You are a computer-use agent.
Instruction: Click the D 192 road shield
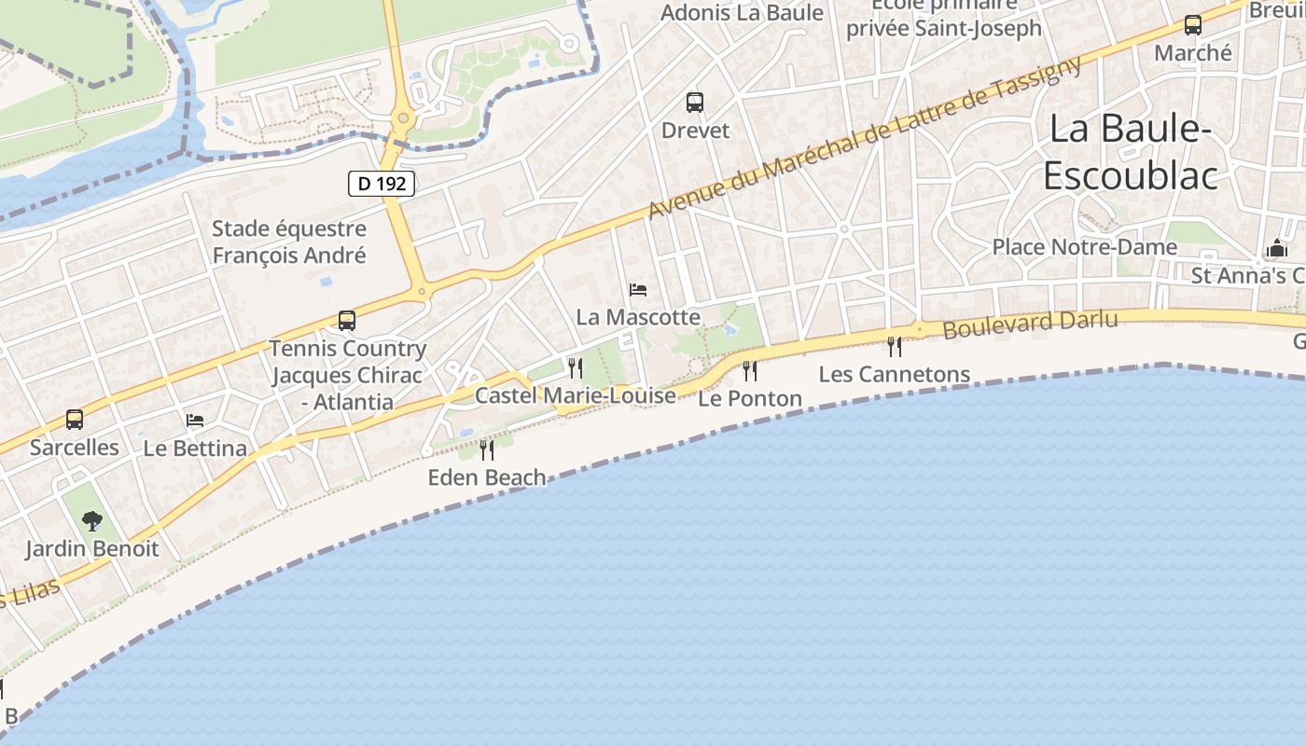(x=382, y=184)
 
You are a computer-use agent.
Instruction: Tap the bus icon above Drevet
(x=694, y=103)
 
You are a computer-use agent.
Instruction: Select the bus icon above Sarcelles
(x=75, y=420)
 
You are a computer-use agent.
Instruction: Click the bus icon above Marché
(x=1192, y=25)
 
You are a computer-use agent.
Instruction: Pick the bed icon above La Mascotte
(x=638, y=290)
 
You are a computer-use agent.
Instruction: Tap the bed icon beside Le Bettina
(x=195, y=421)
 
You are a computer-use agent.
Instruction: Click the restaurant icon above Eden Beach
(x=486, y=450)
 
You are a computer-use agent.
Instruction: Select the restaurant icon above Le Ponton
(x=750, y=371)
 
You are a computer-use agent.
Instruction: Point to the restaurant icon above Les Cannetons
(x=895, y=347)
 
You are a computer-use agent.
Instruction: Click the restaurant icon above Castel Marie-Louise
(x=576, y=368)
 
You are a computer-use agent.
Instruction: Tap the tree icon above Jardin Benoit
(x=91, y=521)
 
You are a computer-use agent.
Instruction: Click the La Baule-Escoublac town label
(x=1130, y=152)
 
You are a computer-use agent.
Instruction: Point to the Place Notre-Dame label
(x=1084, y=247)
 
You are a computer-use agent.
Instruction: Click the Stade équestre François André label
(x=289, y=242)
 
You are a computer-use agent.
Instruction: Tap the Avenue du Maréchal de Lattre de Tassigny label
(x=865, y=138)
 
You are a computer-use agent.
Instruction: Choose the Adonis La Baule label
(x=743, y=12)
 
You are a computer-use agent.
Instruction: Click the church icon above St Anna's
(x=1276, y=248)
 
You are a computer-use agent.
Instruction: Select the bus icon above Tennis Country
(x=347, y=321)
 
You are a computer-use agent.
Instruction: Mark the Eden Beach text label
(x=487, y=477)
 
